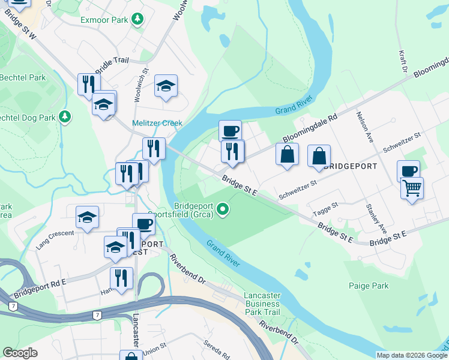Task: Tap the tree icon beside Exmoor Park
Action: click(x=138, y=20)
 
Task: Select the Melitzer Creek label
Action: click(x=157, y=123)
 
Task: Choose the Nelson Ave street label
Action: click(x=365, y=127)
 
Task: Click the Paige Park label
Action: click(x=371, y=286)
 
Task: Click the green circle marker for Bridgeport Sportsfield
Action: click(x=223, y=209)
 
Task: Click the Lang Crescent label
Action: click(x=55, y=232)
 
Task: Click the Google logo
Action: click(x=20, y=353)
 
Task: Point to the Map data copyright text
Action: click(x=411, y=355)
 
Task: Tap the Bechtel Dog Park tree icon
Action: click(x=63, y=116)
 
